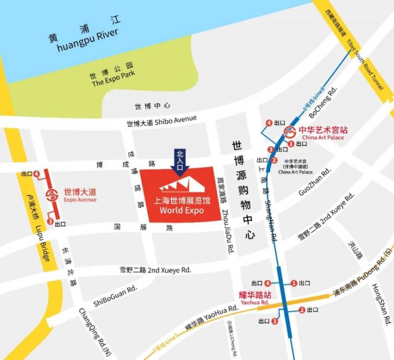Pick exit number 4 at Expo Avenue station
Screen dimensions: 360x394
pos(36,173)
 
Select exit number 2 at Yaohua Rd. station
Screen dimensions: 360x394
pos(301,310)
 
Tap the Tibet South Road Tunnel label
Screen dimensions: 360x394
pos(365,64)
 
